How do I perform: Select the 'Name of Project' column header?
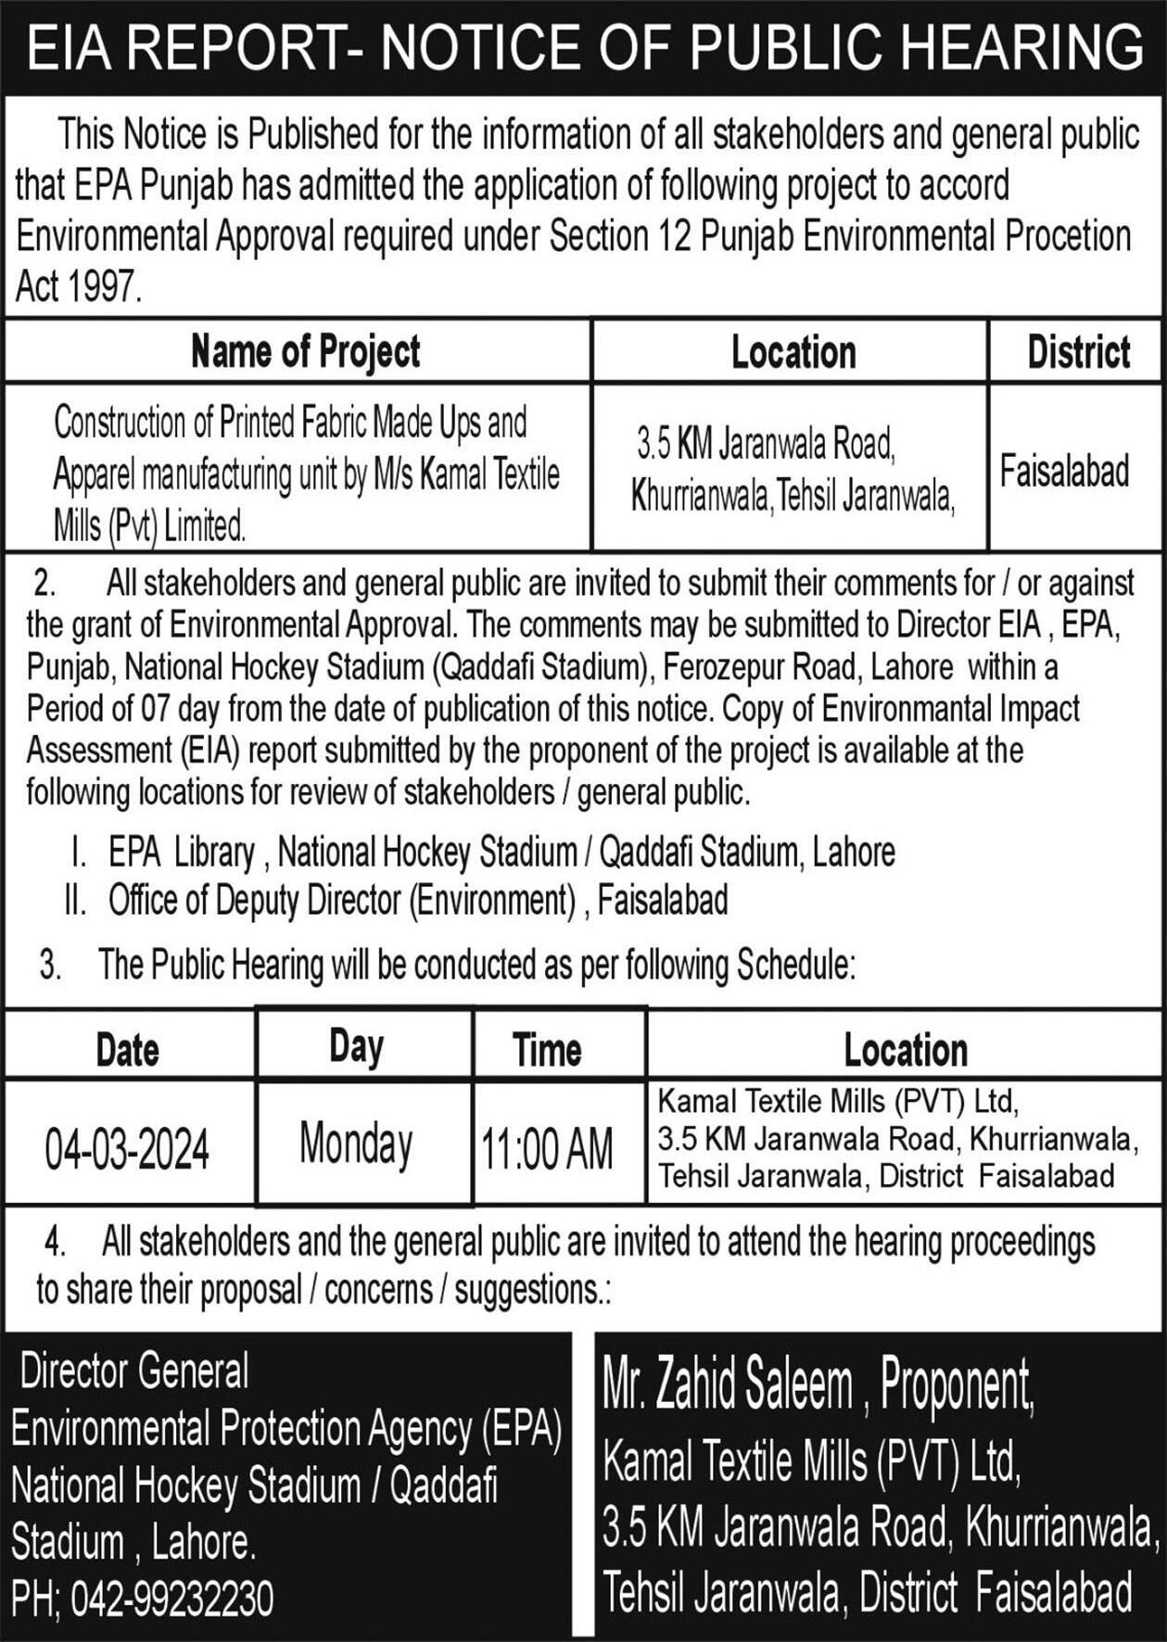tap(305, 352)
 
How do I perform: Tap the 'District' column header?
tap(1078, 352)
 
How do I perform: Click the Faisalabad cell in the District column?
tap(1064, 471)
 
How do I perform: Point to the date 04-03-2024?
tap(127, 1150)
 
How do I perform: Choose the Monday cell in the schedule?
tap(356, 1143)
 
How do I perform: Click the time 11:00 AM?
tap(547, 1150)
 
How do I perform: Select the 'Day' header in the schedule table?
tap(356, 1046)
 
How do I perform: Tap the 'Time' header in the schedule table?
tap(547, 1050)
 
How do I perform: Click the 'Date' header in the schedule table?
tap(127, 1050)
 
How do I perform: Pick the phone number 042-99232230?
tap(171, 1599)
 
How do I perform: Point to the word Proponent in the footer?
tap(956, 1385)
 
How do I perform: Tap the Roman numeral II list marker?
tap(75, 900)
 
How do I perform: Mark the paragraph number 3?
tap(50, 966)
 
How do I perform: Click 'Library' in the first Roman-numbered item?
tap(214, 853)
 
